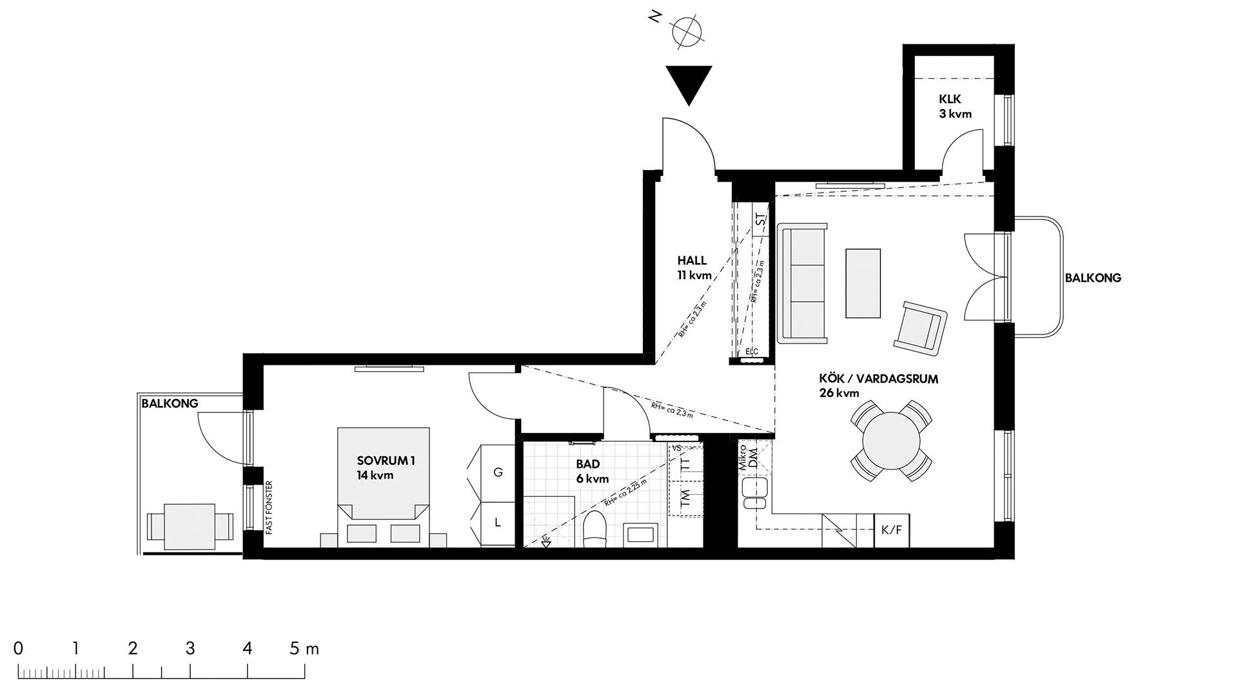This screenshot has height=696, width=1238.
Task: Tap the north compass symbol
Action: (685, 30)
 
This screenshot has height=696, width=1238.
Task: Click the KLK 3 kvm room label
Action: (955, 106)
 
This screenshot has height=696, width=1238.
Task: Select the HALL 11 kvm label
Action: (694, 267)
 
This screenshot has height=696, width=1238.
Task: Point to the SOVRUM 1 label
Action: (386, 461)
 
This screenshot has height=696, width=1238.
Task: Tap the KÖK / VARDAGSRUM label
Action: (878, 379)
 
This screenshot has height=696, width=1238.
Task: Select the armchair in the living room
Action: (920, 329)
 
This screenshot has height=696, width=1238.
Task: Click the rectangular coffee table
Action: (863, 283)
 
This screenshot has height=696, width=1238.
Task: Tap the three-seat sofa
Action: (802, 283)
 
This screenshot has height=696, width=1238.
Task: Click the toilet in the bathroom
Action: (594, 530)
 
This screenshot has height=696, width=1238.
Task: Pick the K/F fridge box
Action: (892, 530)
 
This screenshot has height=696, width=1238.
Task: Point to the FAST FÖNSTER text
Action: (270, 507)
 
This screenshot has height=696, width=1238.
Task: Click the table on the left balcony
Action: (190, 527)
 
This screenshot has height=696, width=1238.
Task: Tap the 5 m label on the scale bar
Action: (304, 648)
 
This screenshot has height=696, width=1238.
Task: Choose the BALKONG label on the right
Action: (1093, 278)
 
